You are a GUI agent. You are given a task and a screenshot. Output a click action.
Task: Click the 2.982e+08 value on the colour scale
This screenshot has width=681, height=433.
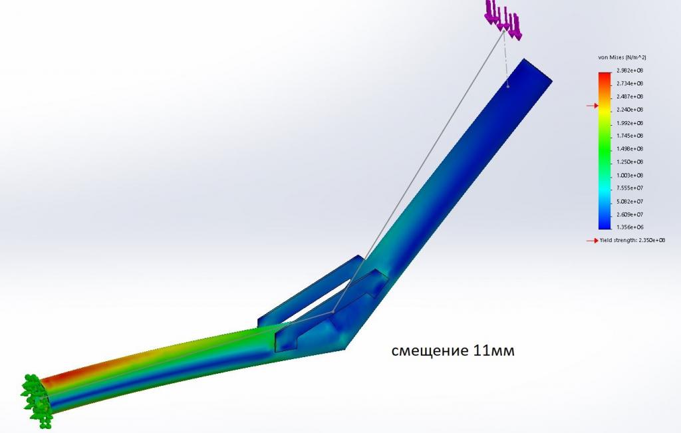[x=630, y=71]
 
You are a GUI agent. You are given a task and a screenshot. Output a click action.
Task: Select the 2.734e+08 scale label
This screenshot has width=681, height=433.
[x=630, y=83]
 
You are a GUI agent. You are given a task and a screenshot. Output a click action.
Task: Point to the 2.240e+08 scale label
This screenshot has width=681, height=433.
[x=630, y=110]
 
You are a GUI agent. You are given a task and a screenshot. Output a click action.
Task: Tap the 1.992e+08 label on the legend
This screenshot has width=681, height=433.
[x=630, y=123]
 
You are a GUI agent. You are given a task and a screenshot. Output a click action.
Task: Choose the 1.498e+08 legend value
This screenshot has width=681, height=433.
[x=630, y=149]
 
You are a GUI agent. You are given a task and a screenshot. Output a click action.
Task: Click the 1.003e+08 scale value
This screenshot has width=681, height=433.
[x=630, y=176]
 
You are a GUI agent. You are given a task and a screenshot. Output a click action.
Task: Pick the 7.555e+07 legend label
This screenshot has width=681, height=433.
[x=630, y=188]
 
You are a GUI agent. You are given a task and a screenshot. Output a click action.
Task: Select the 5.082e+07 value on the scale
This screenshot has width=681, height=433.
[x=630, y=202]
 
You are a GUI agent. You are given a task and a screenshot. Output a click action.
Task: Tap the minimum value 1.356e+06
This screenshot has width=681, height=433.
[x=630, y=227]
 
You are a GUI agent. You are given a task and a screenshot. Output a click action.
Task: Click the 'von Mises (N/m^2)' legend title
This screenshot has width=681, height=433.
[x=622, y=57]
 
